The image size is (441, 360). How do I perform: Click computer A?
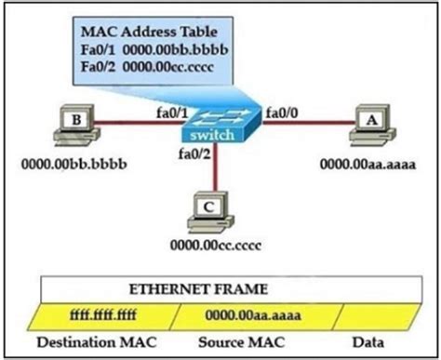368,128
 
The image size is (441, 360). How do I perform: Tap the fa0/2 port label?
194,157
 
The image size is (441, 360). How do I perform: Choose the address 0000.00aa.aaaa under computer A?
367,166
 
